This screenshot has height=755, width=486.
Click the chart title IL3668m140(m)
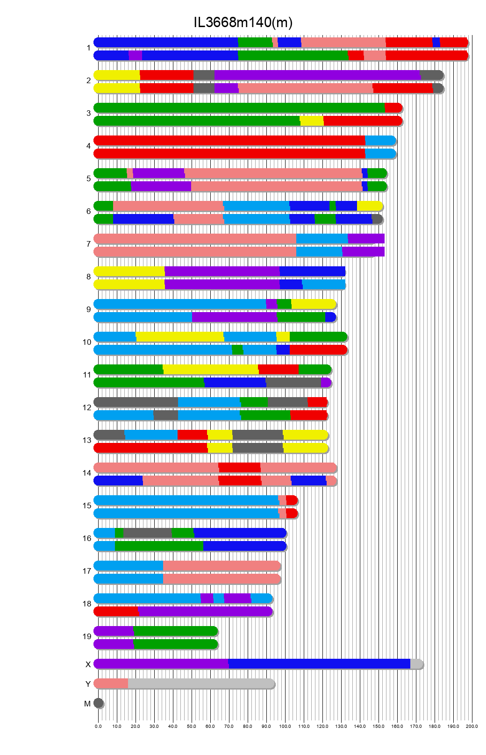243,22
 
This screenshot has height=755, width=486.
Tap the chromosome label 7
88,244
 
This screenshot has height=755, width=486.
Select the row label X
88,664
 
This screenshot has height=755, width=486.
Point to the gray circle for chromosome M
98,703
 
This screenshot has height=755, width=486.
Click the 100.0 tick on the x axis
285,726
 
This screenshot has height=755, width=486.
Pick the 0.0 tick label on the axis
98,726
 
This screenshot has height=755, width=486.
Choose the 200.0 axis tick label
472,726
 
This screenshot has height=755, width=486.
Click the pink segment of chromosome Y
111,684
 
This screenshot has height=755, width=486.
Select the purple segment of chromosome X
161,664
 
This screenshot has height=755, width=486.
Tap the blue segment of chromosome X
319,664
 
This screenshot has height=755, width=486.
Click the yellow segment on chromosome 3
312,121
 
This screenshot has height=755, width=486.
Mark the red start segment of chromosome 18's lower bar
116,612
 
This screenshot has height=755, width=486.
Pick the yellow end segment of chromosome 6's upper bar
369,206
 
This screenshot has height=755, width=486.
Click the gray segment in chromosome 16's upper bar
147,533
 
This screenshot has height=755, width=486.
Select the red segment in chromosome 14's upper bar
239,468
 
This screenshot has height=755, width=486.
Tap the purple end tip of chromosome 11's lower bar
326,383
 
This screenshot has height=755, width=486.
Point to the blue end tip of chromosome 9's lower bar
330,317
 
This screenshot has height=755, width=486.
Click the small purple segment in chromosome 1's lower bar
135,56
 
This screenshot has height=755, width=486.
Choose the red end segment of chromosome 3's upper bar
393,108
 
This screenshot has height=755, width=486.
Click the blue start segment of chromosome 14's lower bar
118,481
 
